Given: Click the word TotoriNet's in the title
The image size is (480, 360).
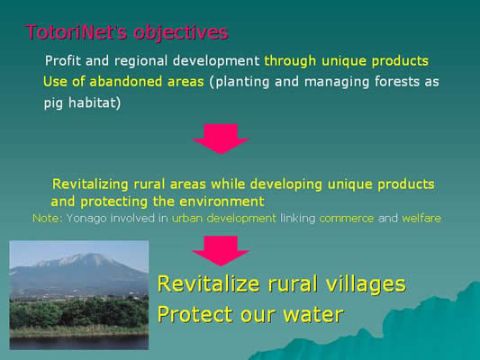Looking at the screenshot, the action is click(77, 31).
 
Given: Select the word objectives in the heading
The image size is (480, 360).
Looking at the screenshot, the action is click(181, 32).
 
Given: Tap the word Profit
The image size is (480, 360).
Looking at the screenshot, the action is click(62, 60).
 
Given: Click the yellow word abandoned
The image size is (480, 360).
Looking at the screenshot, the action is click(125, 82).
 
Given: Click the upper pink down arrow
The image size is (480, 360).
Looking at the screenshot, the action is click(221, 139).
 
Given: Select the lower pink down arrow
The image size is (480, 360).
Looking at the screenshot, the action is click(221, 251).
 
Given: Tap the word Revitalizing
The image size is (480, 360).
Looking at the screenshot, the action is click(90, 184).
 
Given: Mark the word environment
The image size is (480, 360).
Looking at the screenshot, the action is click(222, 202).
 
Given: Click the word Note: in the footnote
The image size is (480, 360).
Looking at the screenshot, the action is click(48, 219).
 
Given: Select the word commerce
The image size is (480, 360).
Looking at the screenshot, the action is click(346, 219).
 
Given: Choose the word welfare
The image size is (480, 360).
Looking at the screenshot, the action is click(421, 219).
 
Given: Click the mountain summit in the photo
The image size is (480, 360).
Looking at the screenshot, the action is click(90, 254).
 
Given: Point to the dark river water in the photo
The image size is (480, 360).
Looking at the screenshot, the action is click(79, 342).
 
